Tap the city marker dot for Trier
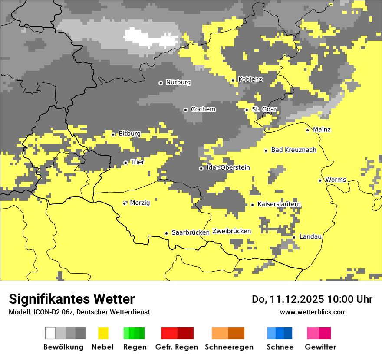[x=125, y=163]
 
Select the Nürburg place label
[x=178, y=82]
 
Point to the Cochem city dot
[x=185, y=110]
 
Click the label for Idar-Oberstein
[x=228, y=167]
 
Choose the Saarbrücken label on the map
[x=191, y=232]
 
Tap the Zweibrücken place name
[x=231, y=231]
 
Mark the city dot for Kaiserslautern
[x=252, y=205]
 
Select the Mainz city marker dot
[x=307, y=130]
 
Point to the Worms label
[x=336, y=180]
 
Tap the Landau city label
[x=310, y=236]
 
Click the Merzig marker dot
[x=124, y=203]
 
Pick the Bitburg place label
[x=129, y=134]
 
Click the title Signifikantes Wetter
[x=72, y=299]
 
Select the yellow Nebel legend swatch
[x=103, y=333]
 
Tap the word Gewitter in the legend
[x=320, y=347]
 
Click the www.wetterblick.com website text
[x=313, y=312]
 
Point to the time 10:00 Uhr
[x=350, y=299]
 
